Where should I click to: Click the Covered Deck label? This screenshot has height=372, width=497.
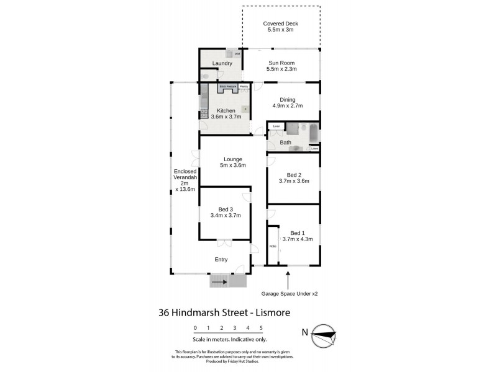click(281, 24)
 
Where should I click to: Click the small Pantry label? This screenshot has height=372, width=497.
click(244, 87)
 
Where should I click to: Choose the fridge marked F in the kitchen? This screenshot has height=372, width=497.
click(245, 110)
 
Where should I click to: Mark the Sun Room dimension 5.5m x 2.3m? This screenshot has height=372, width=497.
click(281, 69)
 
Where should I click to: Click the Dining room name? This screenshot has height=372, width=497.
click(287, 99)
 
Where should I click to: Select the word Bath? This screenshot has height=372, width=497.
click(285, 143)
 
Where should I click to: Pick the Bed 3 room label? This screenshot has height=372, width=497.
click(226, 209)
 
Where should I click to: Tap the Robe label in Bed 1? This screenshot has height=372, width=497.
click(272, 246)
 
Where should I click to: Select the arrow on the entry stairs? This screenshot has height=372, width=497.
click(219, 282)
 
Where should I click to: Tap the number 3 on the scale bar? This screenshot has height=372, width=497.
click(235, 327)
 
